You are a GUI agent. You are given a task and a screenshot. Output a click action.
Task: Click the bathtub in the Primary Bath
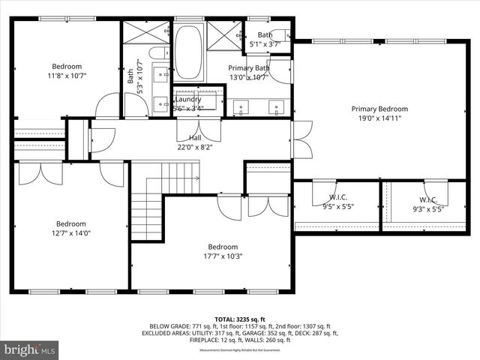188,52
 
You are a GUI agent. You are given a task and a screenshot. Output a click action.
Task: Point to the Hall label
195,138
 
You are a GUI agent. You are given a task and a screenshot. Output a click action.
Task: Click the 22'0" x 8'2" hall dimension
195,147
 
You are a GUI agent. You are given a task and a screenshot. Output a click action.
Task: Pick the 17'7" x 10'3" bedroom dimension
223,256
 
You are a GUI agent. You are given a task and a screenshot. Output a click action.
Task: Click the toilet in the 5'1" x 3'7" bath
280,34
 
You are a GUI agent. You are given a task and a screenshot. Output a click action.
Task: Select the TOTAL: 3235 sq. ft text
240,319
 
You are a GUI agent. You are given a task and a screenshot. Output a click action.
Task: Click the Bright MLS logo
30,349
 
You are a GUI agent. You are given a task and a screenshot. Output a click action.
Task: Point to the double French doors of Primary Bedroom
301,139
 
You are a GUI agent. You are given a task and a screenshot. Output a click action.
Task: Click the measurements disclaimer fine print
240,350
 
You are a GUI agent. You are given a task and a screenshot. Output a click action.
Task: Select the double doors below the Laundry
199,130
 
